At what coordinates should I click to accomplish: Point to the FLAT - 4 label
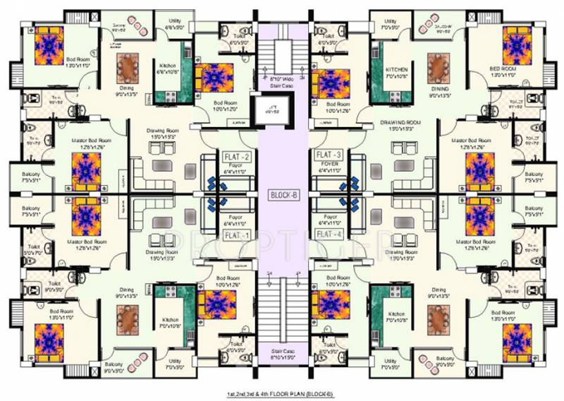pyautogui.click(x=329, y=234)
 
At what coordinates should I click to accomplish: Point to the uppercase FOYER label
pyautogui.click(x=329, y=167)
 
